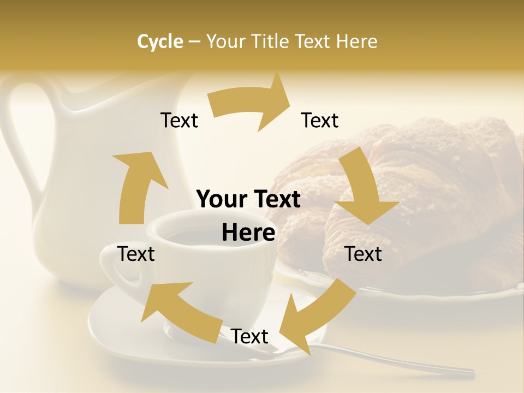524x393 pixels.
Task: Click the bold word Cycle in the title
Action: click(160, 41)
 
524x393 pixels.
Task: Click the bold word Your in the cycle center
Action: click(222, 199)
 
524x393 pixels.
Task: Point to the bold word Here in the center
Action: click(248, 233)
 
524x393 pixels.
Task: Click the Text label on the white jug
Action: click(179, 120)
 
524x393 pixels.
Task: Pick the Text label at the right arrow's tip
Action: click(320, 120)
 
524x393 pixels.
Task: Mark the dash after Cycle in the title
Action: click(195, 41)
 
